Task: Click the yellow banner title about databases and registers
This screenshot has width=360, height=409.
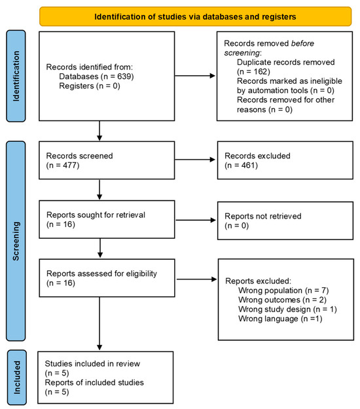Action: click(x=195, y=17)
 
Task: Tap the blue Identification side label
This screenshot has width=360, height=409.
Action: click(x=16, y=76)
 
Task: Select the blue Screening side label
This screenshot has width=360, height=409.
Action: click(x=16, y=241)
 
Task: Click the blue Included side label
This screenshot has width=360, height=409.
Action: click(x=17, y=377)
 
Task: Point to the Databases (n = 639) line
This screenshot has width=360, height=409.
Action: click(x=96, y=77)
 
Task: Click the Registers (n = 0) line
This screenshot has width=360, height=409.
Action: click(x=90, y=86)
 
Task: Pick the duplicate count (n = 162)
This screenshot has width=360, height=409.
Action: click(x=253, y=71)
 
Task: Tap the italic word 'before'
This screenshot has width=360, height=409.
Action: click(x=302, y=43)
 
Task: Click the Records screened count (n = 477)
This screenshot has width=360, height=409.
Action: click(x=63, y=165)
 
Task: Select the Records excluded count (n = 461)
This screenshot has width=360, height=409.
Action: click(x=241, y=165)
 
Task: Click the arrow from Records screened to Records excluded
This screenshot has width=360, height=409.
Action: click(x=195, y=160)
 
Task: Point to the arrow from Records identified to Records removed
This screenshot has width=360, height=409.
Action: click(x=195, y=76)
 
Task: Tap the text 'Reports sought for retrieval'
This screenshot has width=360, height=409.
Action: click(x=96, y=215)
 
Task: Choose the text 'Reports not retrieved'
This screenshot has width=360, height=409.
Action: click(x=263, y=216)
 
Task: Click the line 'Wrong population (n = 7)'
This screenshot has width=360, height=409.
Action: click(x=283, y=291)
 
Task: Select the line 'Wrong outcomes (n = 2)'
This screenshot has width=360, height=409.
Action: click(x=282, y=300)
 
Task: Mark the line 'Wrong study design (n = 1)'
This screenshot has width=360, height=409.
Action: click(x=287, y=309)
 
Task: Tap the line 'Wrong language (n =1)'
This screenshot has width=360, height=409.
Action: click(x=280, y=319)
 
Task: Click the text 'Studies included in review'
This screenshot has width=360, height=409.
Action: click(x=92, y=363)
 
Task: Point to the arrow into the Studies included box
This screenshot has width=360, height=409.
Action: click(x=99, y=323)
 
